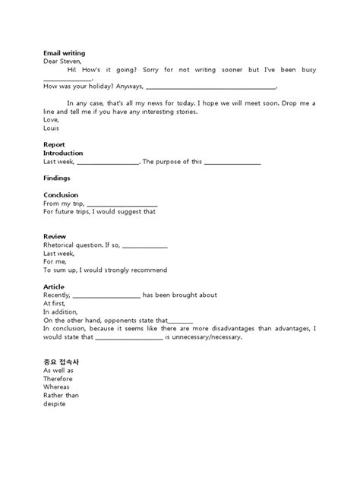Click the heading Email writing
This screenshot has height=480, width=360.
pos(63,53)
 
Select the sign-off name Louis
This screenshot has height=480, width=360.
pos(52,128)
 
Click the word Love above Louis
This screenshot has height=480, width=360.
pos(51,120)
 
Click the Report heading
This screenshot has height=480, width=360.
pos(54,144)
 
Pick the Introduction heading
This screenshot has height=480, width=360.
pos(63,153)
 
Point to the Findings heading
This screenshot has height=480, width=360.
pos(57,178)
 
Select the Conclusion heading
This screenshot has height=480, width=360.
pos(61,195)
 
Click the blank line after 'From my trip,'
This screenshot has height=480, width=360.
pos(122,204)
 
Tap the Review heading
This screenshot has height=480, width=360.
pos(54,237)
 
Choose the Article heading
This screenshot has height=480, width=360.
pos(54,287)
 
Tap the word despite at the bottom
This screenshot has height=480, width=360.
pos(55,403)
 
